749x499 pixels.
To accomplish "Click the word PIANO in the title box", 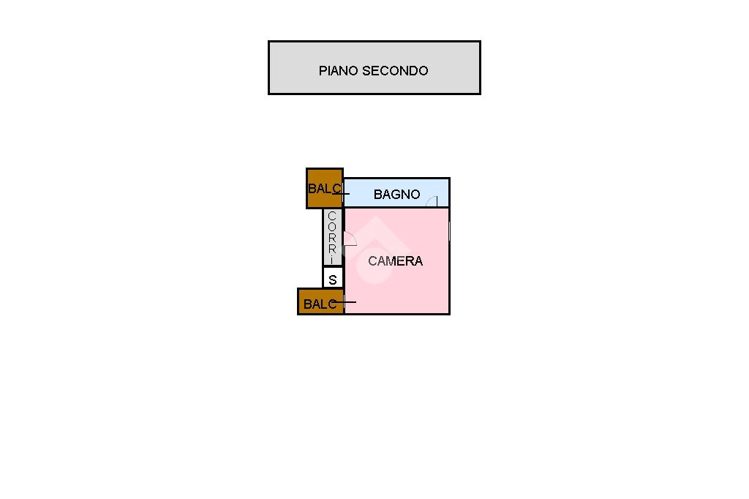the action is pos(338,71).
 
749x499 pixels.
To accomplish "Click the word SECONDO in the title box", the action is pos(395,71).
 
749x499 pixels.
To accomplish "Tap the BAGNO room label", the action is pos(397,195).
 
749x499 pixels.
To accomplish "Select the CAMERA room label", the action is pos(396,261).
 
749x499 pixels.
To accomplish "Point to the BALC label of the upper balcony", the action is pos(324,189).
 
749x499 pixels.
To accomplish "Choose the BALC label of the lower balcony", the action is pos(320,304).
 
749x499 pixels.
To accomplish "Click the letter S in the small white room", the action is pos(333,280).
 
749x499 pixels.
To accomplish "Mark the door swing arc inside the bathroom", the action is pos(432,200).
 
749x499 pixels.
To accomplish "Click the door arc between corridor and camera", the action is pos(350,239).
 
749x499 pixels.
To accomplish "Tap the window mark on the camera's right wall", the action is pos(450,231).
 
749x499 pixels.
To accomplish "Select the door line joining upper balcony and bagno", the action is pos(341,194).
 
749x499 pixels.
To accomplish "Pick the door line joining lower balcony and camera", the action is pos(342,302).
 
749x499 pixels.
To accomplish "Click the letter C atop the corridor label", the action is pos(332,216).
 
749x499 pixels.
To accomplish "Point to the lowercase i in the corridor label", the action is pos(332,260).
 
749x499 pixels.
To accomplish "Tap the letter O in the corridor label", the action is pos(332,227).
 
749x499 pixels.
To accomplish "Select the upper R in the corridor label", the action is pos(332,238).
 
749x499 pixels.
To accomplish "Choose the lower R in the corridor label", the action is pos(332,249).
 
